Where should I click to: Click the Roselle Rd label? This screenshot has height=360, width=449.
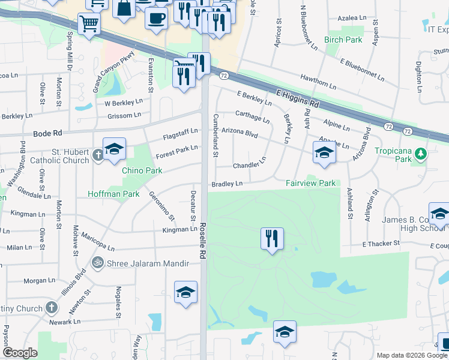click(x=203, y=239)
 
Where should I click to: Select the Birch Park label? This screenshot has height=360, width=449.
click(x=343, y=40)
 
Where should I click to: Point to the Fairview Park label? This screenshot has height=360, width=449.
click(x=310, y=182)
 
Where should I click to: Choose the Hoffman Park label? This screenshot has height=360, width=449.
click(x=113, y=194)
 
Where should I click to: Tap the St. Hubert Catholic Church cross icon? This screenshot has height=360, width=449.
click(x=100, y=156)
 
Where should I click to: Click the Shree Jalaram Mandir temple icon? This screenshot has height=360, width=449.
click(x=97, y=262)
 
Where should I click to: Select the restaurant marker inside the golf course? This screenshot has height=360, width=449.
click(x=272, y=238)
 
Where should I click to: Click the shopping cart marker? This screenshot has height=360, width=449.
click(x=89, y=24)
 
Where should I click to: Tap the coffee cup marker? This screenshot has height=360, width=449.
click(x=156, y=17)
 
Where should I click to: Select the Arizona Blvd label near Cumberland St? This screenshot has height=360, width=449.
click(x=240, y=130)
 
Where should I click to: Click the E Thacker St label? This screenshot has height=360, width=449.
click(x=381, y=243)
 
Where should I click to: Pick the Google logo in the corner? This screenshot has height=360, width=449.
click(x=20, y=353)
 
